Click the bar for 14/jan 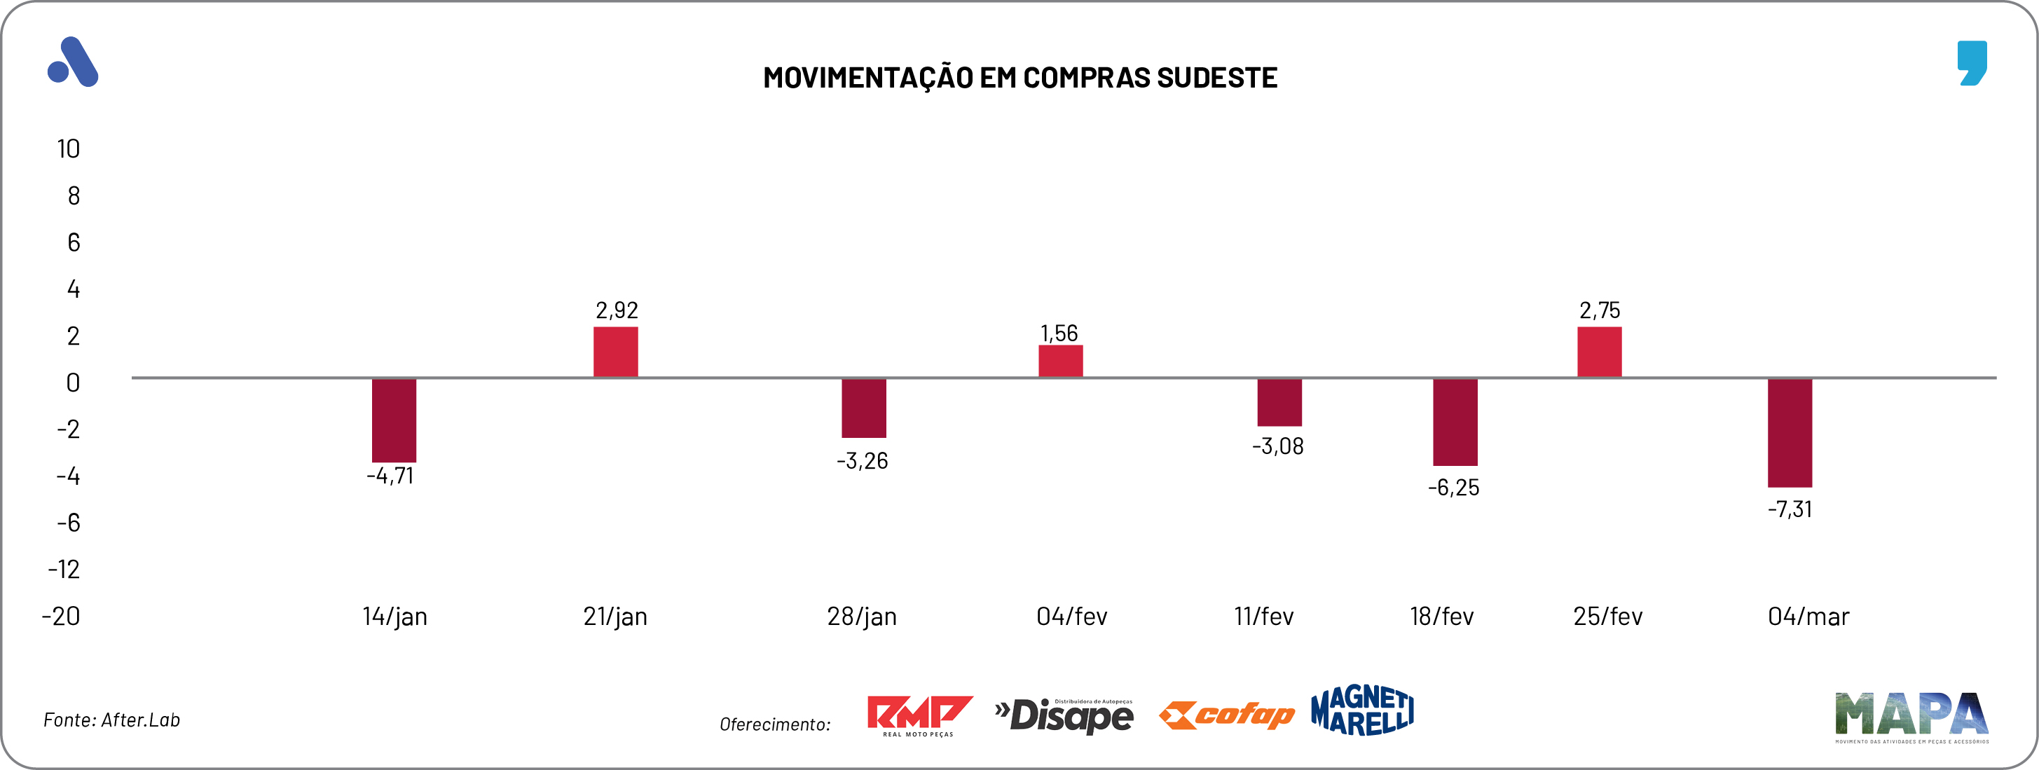(394, 420)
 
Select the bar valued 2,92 (616, 352)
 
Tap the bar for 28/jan (863, 408)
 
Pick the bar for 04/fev (1061, 362)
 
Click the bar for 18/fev (1455, 422)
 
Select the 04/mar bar (1790, 433)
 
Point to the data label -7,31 (1790, 509)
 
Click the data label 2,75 (1600, 310)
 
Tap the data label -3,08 (1277, 446)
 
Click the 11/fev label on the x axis (1263, 617)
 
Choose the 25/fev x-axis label (1607, 617)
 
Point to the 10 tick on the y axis (68, 149)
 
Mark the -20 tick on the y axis (61, 617)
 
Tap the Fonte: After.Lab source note (111, 720)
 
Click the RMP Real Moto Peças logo (919, 715)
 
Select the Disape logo (1064, 715)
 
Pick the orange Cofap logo (1226, 715)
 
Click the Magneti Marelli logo (1362, 710)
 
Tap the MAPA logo (1911, 716)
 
